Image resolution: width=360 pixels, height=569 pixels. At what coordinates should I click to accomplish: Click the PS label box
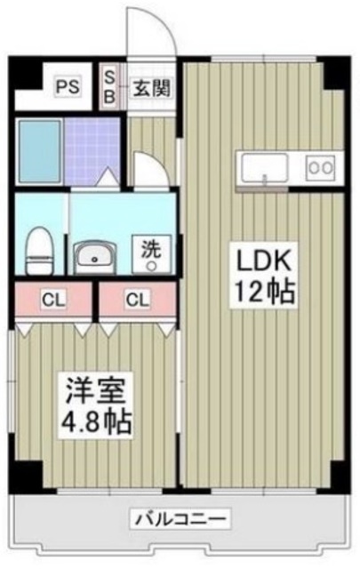point(66,87)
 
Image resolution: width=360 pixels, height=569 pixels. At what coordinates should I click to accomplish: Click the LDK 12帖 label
point(263,275)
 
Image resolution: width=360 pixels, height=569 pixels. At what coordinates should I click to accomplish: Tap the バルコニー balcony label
point(182,518)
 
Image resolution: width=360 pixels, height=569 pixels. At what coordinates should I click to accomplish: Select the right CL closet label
point(136,299)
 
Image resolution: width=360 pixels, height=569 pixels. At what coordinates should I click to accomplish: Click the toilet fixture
point(38,251)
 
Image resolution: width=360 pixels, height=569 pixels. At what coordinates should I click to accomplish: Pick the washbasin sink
point(94,258)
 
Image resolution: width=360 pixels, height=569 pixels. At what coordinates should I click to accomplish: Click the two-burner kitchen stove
point(319,166)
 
